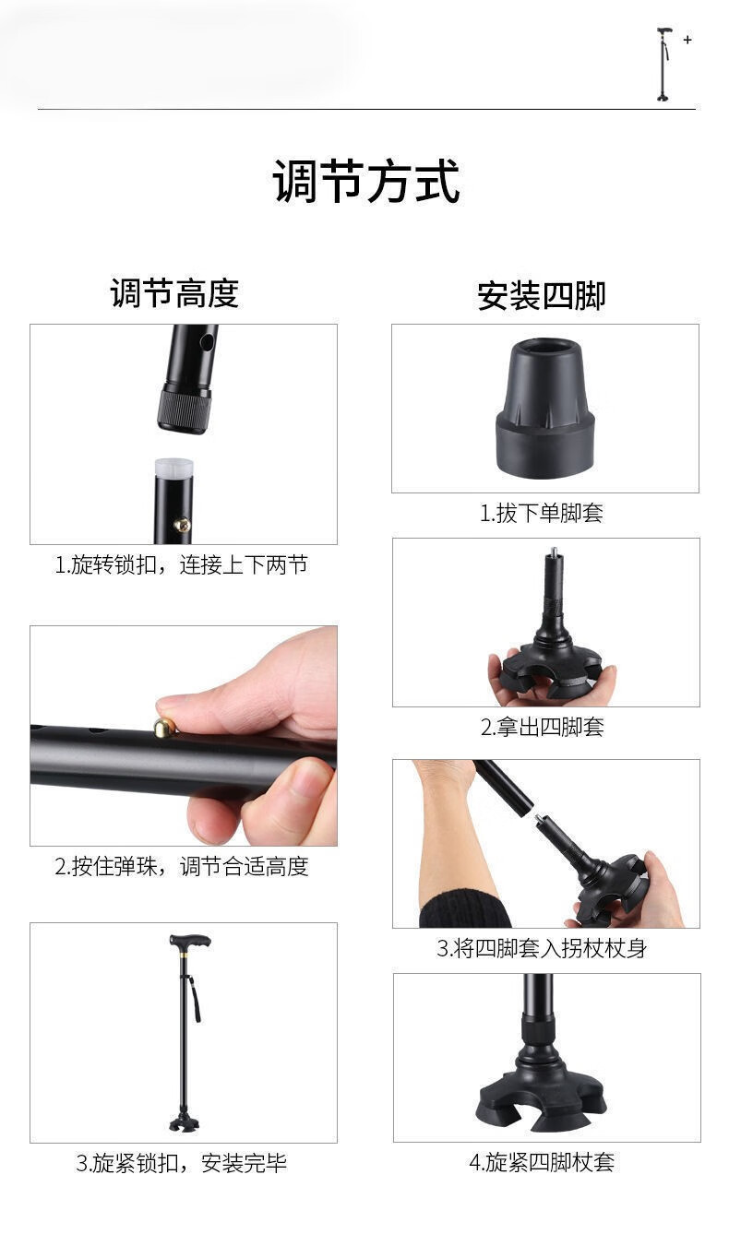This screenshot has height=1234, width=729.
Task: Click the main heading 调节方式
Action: tap(365, 182)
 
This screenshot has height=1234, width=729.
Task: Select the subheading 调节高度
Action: tap(174, 292)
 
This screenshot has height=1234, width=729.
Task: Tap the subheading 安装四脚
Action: tap(541, 296)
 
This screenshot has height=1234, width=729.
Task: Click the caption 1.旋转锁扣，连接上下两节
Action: tap(181, 564)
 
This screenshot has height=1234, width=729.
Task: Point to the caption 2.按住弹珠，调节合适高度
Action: tap(181, 866)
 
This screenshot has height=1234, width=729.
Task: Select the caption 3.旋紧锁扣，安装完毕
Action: tap(181, 1163)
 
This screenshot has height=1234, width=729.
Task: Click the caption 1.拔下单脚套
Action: tap(542, 513)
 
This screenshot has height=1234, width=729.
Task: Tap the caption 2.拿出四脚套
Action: tap(543, 727)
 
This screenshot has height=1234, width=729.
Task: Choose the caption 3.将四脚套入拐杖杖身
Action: tap(542, 949)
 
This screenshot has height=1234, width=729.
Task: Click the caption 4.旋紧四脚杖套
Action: tap(542, 1162)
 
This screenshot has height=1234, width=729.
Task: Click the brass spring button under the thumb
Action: tap(165, 727)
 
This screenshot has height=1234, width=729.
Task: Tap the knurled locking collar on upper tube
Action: tap(185, 409)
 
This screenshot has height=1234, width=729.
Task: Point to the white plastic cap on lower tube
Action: tap(174, 469)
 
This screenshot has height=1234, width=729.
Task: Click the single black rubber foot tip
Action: tap(545, 409)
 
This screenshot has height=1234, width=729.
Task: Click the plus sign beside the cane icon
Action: tap(687, 40)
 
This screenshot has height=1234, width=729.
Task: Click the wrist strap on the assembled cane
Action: tap(195, 998)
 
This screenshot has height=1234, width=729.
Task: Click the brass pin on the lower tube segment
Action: tap(183, 525)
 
